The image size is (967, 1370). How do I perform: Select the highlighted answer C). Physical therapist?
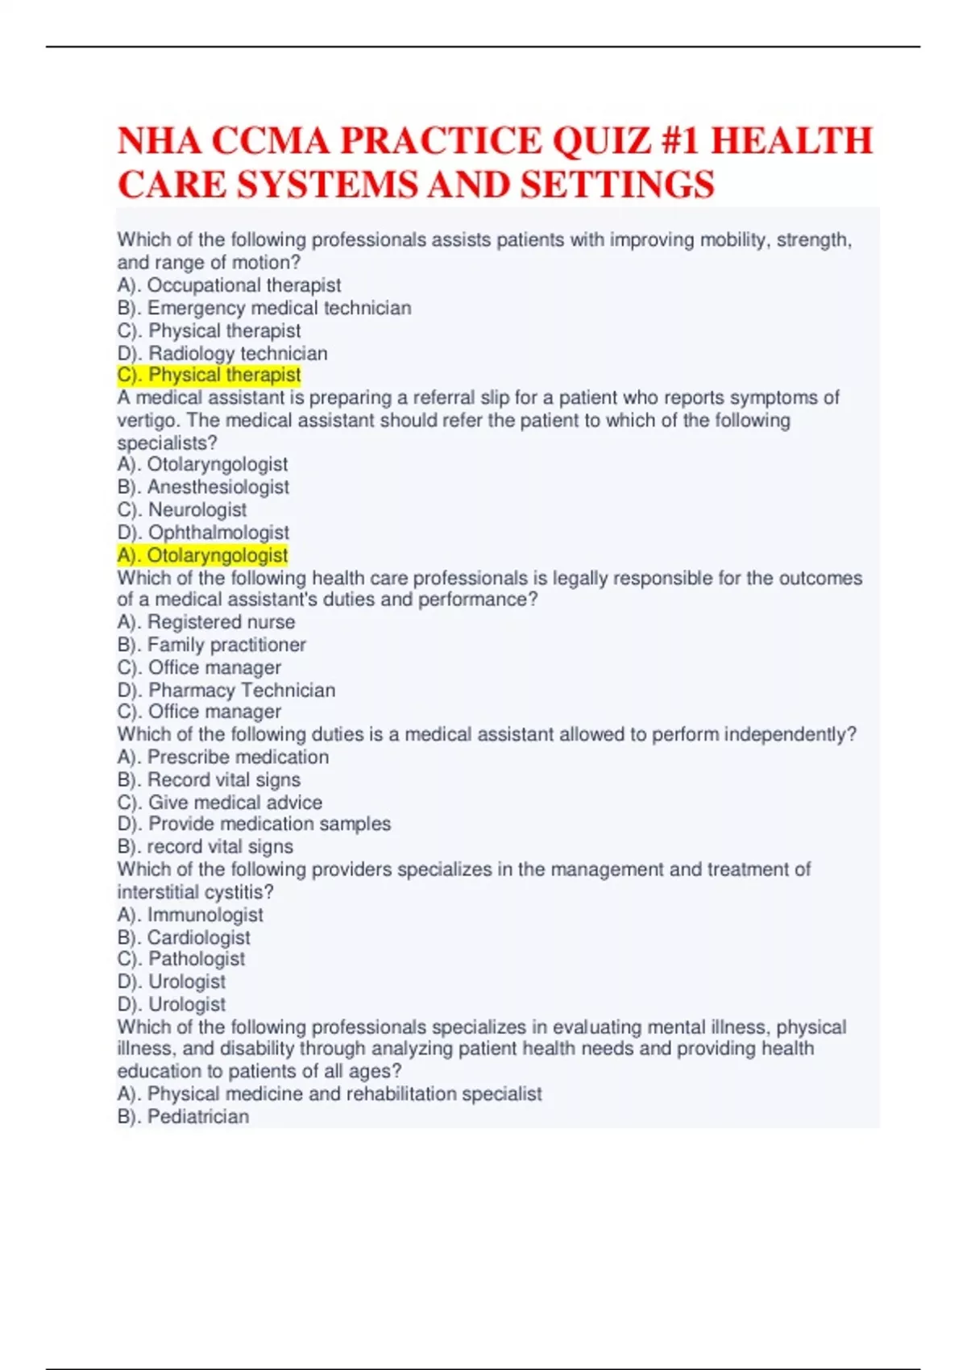[x=209, y=375]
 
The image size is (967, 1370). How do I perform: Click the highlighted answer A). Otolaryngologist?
[x=202, y=555]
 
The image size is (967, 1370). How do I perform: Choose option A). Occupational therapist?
[x=229, y=285]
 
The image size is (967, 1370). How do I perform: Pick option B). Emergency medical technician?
[x=264, y=308]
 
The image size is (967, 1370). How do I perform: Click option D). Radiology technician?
[x=222, y=353]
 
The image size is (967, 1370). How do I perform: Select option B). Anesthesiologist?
[x=203, y=487]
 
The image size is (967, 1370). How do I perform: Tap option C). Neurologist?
[x=182, y=509]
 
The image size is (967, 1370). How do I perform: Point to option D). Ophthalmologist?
[x=203, y=532]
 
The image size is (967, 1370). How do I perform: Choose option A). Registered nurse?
[x=206, y=622]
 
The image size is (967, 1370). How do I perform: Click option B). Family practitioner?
[x=211, y=645]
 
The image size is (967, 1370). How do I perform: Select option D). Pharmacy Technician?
[x=226, y=690]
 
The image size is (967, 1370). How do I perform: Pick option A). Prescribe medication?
[x=223, y=757]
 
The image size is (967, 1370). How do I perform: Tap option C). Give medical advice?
[x=220, y=802]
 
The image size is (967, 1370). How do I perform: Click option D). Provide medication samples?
[x=254, y=824]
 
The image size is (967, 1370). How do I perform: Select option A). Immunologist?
[x=190, y=915]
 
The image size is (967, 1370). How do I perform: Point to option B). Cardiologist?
[x=184, y=937]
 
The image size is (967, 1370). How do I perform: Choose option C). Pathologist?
[x=181, y=959]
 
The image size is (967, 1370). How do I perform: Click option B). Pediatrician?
[x=183, y=1116]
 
